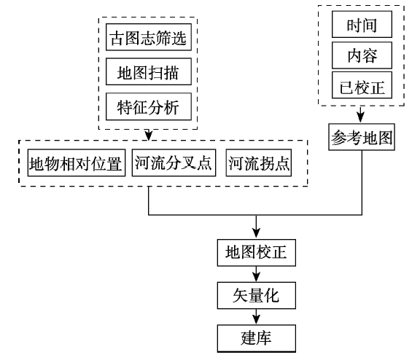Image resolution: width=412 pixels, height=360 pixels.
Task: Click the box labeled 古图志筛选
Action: (x=149, y=37)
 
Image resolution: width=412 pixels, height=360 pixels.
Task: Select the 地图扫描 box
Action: (x=149, y=71)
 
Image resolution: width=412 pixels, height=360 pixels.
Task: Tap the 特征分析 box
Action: (x=149, y=106)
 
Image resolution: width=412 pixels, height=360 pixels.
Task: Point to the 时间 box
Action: (x=362, y=25)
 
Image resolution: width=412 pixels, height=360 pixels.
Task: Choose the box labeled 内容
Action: (x=362, y=55)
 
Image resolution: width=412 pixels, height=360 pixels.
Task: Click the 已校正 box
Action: (x=362, y=85)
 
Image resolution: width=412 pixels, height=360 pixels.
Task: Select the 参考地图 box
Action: (x=362, y=137)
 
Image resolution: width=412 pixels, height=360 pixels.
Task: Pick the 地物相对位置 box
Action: (x=77, y=163)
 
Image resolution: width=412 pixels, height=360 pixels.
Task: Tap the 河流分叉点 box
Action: (x=174, y=163)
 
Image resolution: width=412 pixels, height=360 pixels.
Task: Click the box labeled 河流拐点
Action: (x=259, y=163)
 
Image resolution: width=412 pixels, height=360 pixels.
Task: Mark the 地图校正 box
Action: (x=256, y=253)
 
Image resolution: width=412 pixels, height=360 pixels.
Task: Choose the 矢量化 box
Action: (x=256, y=295)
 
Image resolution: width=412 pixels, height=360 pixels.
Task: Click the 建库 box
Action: (x=256, y=338)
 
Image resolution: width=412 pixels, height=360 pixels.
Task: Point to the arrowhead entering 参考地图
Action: (x=360, y=118)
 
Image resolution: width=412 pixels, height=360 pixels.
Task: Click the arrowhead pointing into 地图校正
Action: (x=256, y=233)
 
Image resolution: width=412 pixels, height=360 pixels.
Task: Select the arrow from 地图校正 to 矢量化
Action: (x=256, y=274)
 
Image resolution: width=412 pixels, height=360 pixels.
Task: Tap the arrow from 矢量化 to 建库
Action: (x=256, y=317)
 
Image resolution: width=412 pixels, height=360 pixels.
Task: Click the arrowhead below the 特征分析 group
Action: (x=149, y=136)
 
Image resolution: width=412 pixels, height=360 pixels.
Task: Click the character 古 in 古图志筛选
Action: (x=117, y=38)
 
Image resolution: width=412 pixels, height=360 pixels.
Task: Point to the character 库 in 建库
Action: (x=264, y=338)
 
